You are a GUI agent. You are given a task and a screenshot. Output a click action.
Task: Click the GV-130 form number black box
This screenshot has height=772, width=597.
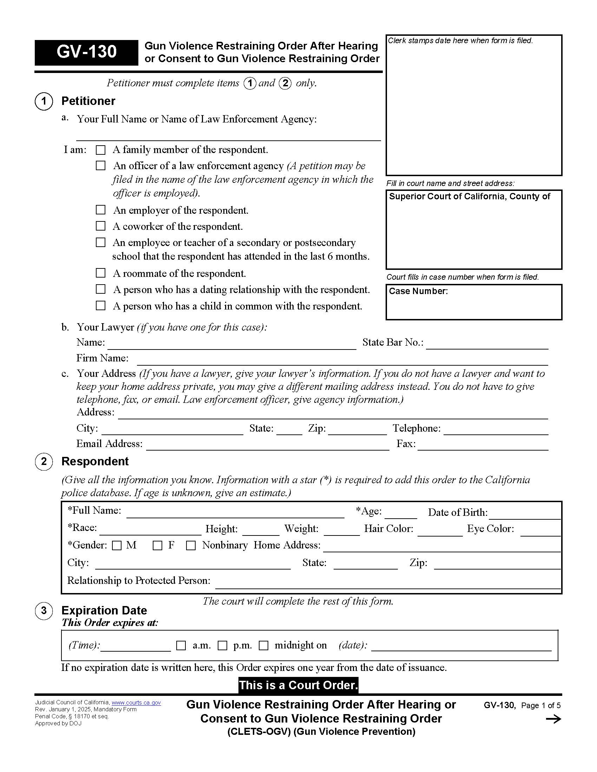tap(86, 52)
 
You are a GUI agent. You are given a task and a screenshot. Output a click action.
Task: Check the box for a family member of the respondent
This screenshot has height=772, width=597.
tap(101, 150)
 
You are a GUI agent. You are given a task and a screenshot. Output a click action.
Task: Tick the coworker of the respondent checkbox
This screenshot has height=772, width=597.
tap(101, 226)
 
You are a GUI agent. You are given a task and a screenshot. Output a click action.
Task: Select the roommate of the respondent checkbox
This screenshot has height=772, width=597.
tap(101, 273)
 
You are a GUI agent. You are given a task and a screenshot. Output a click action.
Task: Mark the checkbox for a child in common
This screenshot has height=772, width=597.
tap(101, 305)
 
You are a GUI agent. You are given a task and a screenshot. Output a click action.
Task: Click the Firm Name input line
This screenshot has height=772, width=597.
tap(342, 361)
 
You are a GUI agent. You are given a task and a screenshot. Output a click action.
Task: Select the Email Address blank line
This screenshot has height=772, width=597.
tap(267, 447)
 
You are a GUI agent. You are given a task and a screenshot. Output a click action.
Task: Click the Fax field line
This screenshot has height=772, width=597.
tap(483, 447)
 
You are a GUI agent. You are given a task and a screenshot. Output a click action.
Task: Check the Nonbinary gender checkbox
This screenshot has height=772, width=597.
tap(191, 545)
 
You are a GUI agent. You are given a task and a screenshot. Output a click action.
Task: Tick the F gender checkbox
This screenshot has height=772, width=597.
tap(157, 545)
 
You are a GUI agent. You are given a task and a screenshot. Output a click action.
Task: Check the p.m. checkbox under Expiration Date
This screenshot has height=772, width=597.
tap(222, 645)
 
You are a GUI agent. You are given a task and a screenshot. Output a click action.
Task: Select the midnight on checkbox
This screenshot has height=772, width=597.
tap(263, 645)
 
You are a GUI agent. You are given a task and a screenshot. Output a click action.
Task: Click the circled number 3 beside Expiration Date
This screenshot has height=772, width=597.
tap(44, 611)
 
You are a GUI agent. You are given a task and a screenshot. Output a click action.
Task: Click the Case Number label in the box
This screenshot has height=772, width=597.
tap(418, 291)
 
